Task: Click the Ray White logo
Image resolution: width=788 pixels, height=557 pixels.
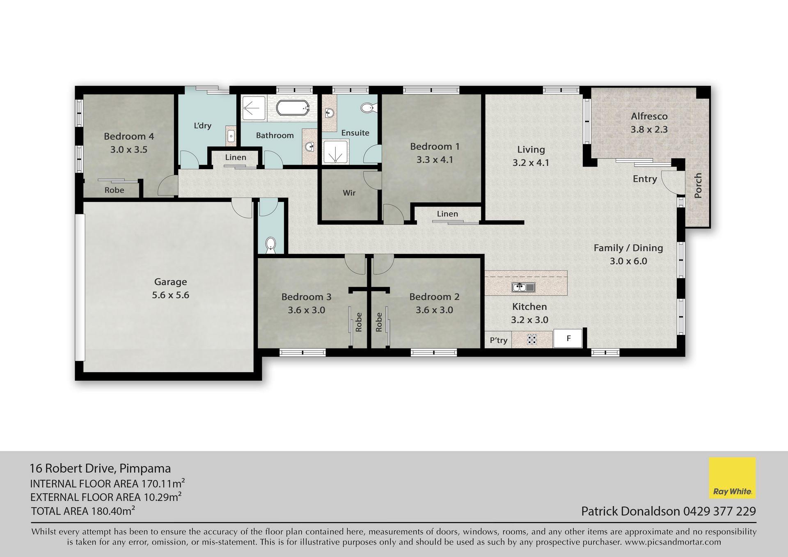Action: coord(732,478)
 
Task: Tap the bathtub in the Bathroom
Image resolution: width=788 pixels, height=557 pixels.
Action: coord(293,108)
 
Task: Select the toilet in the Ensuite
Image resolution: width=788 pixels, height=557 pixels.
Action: coord(367,108)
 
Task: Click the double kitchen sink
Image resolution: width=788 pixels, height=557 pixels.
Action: coord(523,287)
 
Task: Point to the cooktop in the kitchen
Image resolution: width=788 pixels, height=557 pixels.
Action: coord(532,339)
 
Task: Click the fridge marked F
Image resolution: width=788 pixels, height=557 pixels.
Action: coord(568,339)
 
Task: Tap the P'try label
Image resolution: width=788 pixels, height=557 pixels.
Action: coord(499,340)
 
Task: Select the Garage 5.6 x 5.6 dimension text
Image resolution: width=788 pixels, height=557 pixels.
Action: coord(171,295)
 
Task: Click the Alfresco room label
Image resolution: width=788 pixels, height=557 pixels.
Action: coord(649,116)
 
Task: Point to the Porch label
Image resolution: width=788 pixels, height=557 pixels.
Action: coord(698,186)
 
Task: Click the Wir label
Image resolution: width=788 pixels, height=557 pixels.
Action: coord(349,193)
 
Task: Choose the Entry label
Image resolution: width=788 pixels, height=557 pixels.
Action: coord(645,179)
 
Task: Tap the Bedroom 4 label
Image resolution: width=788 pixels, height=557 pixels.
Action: coord(129,136)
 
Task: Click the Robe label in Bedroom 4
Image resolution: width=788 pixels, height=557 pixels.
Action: coord(114,190)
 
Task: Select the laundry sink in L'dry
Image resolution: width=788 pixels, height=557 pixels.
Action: coord(231,135)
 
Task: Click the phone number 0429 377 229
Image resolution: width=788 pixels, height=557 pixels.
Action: coord(719,511)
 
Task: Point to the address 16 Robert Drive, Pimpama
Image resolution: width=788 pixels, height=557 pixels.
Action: coord(101,468)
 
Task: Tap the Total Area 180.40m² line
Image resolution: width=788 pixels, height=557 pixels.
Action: coord(83,511)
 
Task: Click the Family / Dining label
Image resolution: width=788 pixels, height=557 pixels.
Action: coord(628,248)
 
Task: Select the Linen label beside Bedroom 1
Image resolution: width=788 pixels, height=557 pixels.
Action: coord(447,214)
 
